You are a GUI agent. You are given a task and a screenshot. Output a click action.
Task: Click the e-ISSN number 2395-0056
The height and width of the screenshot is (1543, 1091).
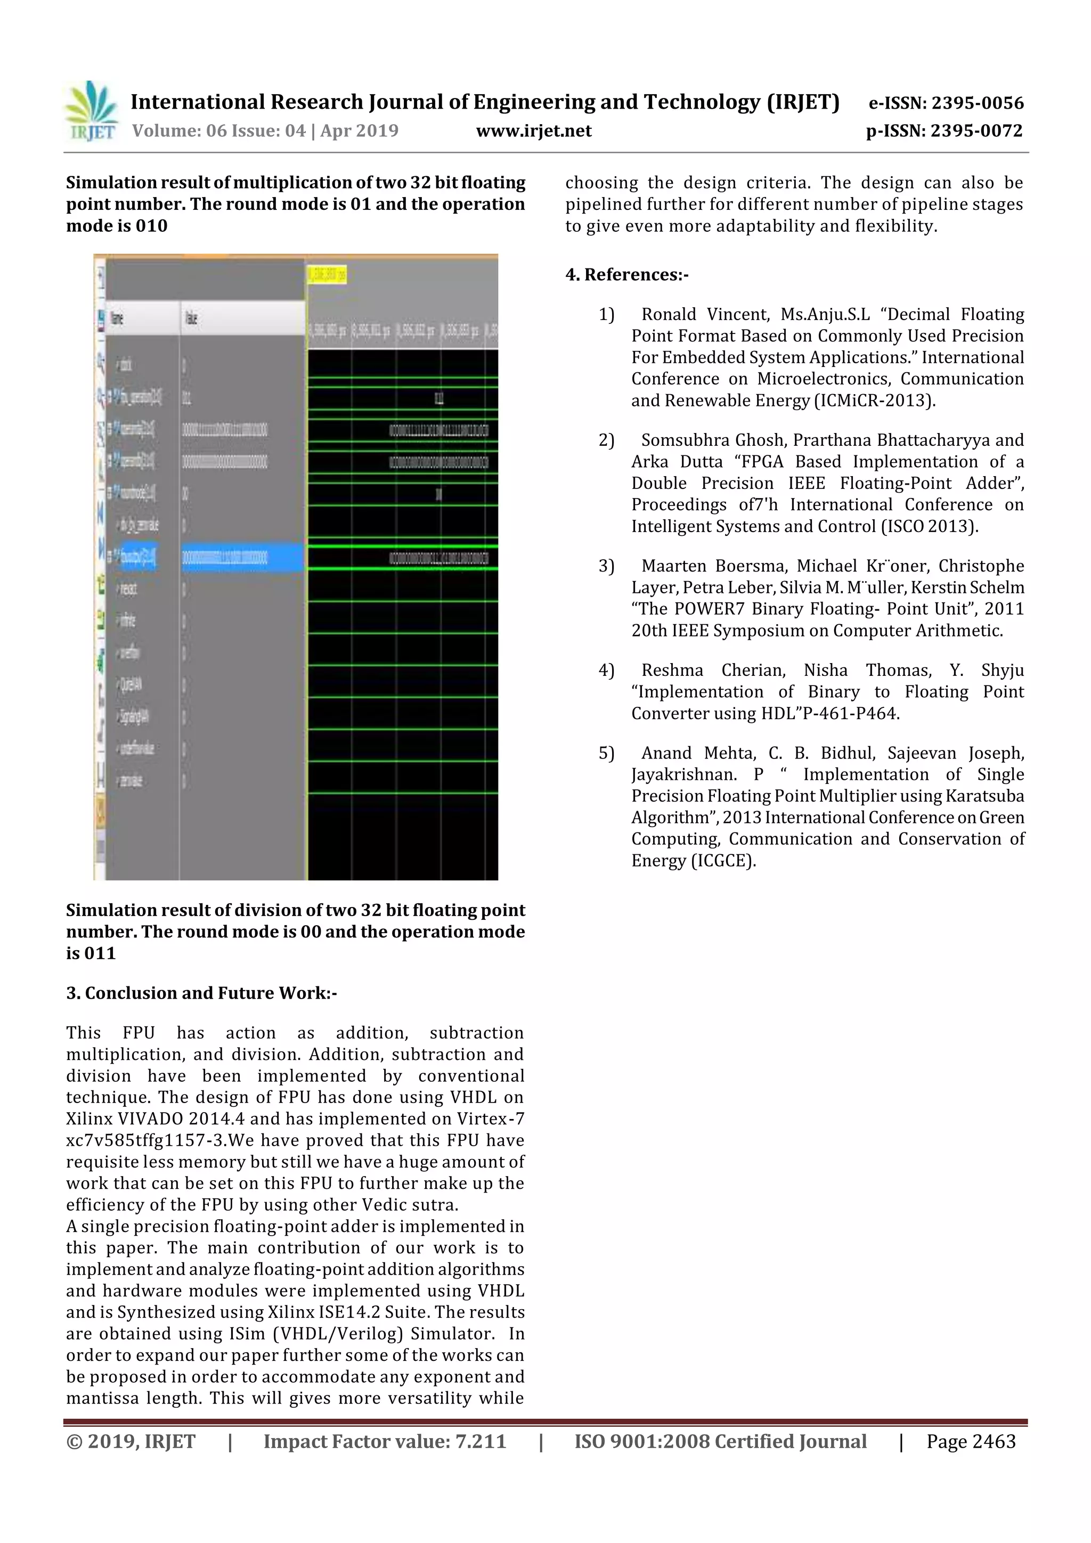click(976, 103)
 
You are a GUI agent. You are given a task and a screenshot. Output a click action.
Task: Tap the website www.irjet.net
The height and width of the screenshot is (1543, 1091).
click(534, 131)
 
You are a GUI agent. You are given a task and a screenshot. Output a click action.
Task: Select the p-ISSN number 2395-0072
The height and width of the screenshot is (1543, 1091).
click(976, 131)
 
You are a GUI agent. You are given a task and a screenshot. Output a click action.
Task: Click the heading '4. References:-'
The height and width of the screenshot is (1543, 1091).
click(626, 275)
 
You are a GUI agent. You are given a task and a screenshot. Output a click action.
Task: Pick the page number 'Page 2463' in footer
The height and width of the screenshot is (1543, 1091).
click(971, 1441)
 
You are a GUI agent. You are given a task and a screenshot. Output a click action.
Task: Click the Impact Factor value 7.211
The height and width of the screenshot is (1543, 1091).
click(480, 1441)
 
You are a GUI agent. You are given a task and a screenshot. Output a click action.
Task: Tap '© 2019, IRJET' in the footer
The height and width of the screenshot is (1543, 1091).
click(131, 1441)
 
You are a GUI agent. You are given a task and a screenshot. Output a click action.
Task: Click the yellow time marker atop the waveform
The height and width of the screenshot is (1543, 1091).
click(327, 274)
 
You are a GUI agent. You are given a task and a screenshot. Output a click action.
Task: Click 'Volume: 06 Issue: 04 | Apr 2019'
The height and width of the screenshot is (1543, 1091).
click(265, 131)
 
